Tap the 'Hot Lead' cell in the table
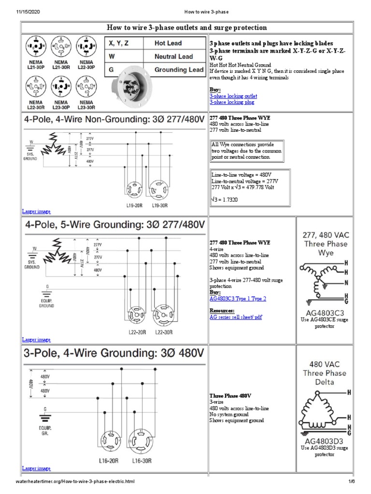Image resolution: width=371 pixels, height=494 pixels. (x=167, y=43)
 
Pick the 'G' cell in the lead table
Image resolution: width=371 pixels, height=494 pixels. (x=112, y=69)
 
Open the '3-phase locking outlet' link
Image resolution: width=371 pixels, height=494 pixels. (x=233, y=96)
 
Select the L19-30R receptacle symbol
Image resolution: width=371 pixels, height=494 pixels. (x=160, y=189)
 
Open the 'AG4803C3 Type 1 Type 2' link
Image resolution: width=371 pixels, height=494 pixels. (x=238, y=299)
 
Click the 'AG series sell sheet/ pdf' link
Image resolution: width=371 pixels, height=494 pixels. (x=236, y=317)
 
